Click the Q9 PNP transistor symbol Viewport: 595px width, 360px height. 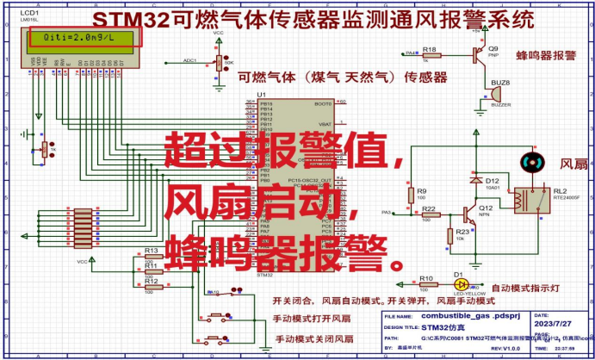click(x=474, y=54)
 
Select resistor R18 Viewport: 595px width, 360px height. click(x=431, y=56)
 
